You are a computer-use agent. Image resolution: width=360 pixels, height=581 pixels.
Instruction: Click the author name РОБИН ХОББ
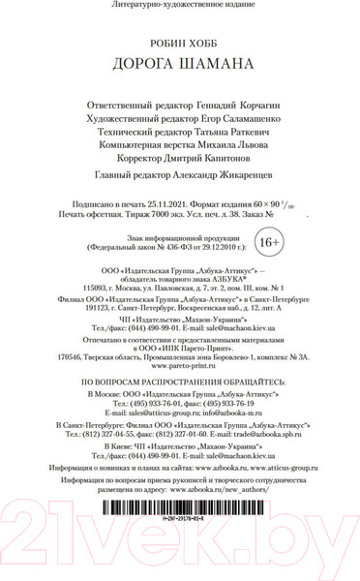coord(180,45)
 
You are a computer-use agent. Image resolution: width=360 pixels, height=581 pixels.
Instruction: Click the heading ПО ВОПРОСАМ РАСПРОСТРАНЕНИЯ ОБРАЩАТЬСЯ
coord(180,358)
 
